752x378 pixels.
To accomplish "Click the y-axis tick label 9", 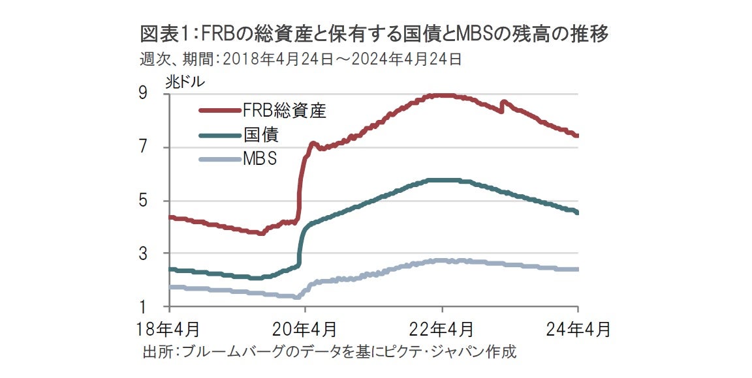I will (x=159, y=94).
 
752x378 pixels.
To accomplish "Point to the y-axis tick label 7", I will (x=159, y=147).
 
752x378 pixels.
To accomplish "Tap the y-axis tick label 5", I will (x=159, y=200).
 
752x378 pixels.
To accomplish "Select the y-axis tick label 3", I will (x=159, y=253).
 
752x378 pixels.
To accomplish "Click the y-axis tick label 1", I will (x=159, y=306).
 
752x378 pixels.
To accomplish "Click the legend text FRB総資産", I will (x=283, y=110).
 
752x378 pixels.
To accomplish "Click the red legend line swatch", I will (x=219, y=110).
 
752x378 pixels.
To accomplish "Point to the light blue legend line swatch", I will (x=219, y=159).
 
